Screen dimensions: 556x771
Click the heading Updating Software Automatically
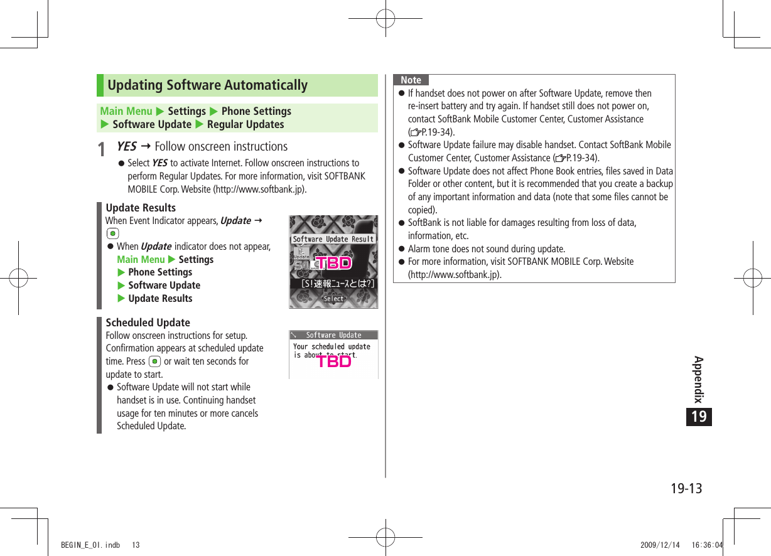[x=207, y=85]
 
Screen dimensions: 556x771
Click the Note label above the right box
[x=411, y=80]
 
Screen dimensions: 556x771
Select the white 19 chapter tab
[x=699, y=417]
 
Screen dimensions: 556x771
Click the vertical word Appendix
[x=698, y=379]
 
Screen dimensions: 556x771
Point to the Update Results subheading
[x=141, y=208]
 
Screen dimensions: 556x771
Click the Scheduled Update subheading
[x=148, y=323]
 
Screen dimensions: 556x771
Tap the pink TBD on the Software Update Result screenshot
[x=333, y=263]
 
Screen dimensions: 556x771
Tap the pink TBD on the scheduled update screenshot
[x=333, y=361]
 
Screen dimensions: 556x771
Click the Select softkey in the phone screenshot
[x=333, y=299]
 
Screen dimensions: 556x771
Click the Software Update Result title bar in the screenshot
[x=333, y=239]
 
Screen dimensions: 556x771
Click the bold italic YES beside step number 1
[x=126, y=146]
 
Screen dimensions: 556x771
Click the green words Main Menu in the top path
[x=126, y=111]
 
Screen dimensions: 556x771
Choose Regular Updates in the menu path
[x=245, y=124]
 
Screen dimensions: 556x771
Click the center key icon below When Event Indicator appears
[x=112, y=233]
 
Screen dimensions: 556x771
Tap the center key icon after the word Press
[x=154, y=361]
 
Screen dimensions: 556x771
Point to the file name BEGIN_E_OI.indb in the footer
[x=90, y=545]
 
